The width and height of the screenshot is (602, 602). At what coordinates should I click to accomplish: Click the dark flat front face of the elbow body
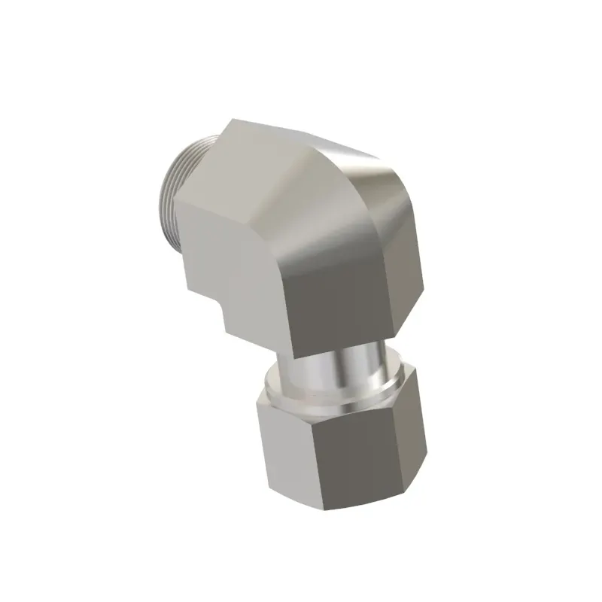(339, 293)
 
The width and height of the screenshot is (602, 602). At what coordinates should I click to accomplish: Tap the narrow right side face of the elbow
(410, 263)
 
